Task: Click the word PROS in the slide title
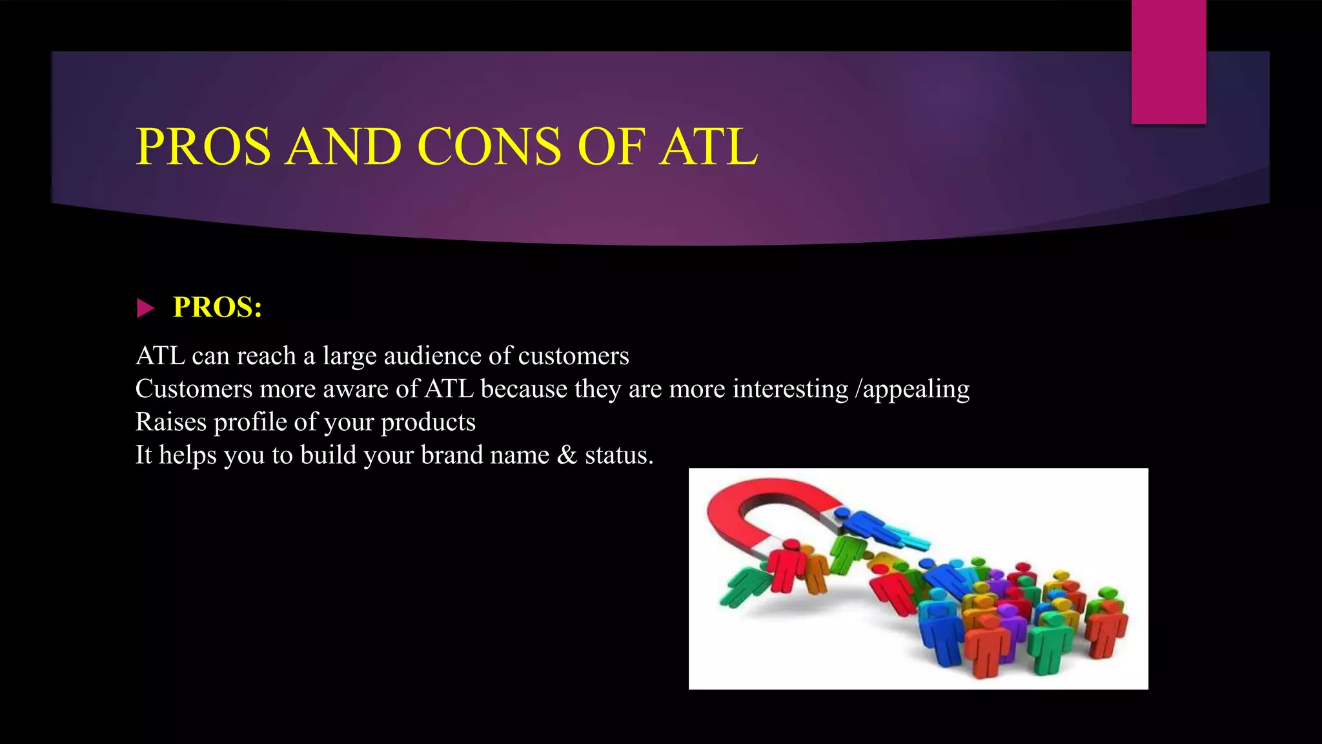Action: [203, 147]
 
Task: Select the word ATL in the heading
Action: [708, 147]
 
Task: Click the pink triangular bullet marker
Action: [145, 308]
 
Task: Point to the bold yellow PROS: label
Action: [218, 307]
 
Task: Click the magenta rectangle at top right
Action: [1168, 61]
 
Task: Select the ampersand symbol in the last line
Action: [567, 455]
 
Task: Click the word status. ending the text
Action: [619, 455]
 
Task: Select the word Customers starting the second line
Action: [194, 389]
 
